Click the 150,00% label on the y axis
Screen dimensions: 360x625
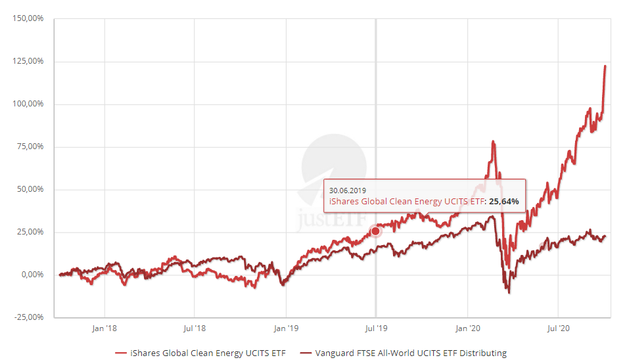[x=28, y=18]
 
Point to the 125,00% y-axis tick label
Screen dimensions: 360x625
[x=28, y=61]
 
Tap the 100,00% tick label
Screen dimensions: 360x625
[x=28, y=104]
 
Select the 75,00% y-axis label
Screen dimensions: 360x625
[x=30, y=146]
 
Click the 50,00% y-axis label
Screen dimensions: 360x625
[x=30, y=189]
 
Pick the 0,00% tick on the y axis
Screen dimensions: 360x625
[x=32, y=275]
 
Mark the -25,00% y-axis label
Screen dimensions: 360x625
[x=28, y=317]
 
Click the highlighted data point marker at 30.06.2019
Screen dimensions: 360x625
[x=375, y=231]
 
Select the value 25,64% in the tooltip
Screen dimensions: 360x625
[x=503, y=201]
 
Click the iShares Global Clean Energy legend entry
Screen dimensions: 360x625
[x=200, y=353]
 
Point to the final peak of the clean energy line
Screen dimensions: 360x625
[x=605, y=66]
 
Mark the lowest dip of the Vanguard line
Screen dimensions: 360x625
[x=509, y=292]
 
